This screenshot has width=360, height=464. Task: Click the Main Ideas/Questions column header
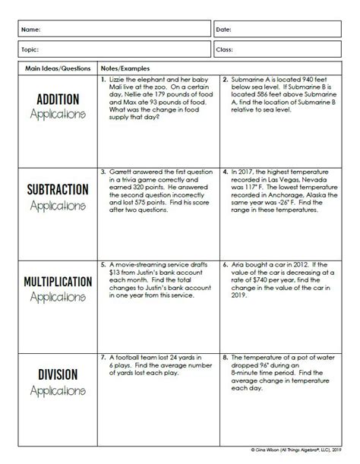[49, 68]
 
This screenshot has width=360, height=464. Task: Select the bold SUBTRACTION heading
[49, 189]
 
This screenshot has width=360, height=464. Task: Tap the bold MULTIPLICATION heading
[49, 281]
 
